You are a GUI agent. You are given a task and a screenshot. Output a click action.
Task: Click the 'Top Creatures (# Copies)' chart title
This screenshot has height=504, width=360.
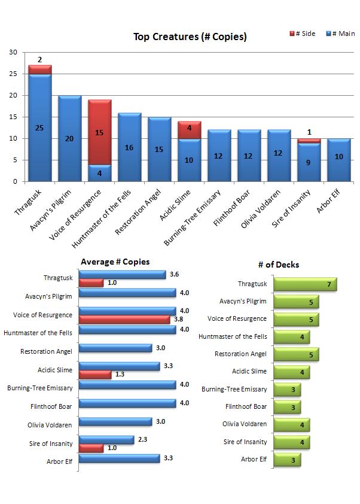(x=190, y=37)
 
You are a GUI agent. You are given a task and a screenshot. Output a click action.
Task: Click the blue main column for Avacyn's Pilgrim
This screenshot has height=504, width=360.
(x=69, y=138)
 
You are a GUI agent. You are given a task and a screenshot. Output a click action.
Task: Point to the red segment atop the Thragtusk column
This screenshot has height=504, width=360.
(x=39, y=69)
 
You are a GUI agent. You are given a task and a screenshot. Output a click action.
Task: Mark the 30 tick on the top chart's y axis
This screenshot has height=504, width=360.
(x=13, y=53)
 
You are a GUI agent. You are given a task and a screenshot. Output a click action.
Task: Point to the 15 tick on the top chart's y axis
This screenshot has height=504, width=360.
(x=13, y=117)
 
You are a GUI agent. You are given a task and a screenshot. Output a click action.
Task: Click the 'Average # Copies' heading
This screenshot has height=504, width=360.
(x=115, y=262)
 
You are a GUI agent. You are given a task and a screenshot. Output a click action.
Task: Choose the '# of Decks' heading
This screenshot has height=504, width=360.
(x=279, y=265)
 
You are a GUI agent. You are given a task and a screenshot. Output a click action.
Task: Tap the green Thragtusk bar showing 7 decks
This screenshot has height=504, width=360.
(x=305, y=284)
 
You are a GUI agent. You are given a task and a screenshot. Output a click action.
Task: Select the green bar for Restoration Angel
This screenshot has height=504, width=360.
(x=295, y=354)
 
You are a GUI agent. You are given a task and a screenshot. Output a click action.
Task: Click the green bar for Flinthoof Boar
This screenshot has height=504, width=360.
(x=286, y=407)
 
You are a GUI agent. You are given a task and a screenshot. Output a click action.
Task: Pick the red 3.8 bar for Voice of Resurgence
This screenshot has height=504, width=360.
(x=125, y=320)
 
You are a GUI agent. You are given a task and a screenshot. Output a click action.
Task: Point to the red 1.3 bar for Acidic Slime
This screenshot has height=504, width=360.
(x=94, y=375)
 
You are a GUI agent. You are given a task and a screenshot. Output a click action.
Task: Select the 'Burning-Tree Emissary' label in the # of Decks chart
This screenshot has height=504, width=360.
(x=234, y=390)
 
